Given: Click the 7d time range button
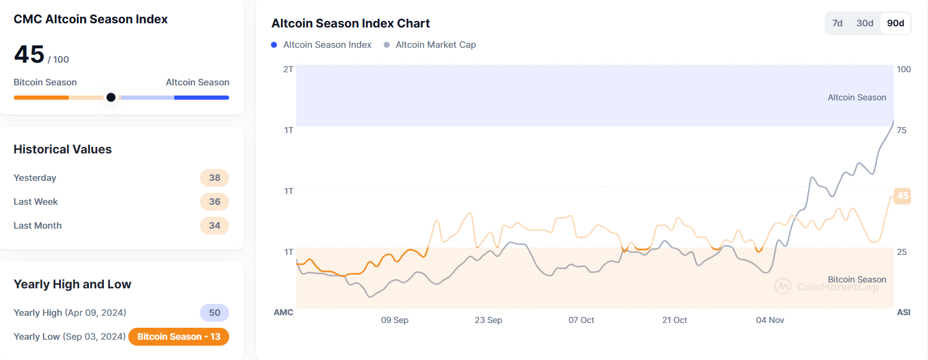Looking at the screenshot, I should [837, 23].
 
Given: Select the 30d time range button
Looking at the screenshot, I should [865, 23].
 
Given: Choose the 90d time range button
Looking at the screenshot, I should [895, 23].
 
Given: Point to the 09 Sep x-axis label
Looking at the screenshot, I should [394, 320].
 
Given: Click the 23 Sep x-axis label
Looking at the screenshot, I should [488, 320].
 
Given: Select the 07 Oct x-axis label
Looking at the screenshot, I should [581, 320].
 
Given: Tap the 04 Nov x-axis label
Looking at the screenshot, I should [770, 320].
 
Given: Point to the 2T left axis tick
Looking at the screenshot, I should [288, 69].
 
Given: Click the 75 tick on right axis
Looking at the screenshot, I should [902, 130].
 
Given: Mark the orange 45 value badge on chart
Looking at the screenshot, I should [902, 196].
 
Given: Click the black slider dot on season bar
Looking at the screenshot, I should [110, 97].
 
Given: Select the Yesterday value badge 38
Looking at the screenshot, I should [214, 178].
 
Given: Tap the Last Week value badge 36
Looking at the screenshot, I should [214, 202].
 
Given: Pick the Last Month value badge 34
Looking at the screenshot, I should [214, 226].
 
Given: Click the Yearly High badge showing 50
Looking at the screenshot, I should [214, 313].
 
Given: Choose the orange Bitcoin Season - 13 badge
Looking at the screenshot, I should [178, 337].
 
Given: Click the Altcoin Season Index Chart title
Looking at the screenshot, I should [350, 23].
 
